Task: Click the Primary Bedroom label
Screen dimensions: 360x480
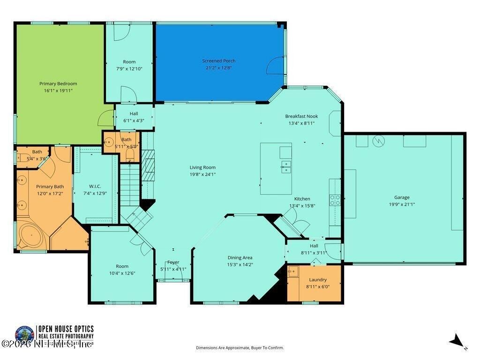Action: click(58, 84)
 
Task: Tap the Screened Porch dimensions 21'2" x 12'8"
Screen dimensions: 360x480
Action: click(218, 67)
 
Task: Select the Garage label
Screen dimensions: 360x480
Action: click(402, 197)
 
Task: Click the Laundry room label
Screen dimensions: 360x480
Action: click(318, 280)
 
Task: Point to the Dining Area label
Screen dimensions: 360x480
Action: click(240, 258)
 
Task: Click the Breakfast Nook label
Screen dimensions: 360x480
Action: click(301, 116)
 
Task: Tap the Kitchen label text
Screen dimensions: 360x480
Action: click(302, 199)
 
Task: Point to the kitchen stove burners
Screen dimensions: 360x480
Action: click(335, 200)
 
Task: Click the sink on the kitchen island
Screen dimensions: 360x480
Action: click(285, 166)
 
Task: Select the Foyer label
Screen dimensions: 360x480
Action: click(173, 262)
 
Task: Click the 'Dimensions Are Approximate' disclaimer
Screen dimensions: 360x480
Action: click(240, 348)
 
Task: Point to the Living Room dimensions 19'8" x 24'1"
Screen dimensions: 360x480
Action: click(202, 174)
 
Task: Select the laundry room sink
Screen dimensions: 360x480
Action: click(293, 270)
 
